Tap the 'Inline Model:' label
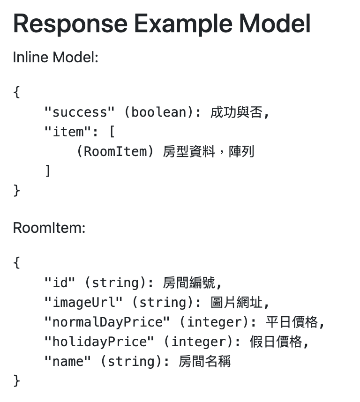[x=55, y=58]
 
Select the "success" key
[x=80, y=112]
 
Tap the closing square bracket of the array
[x=48, y=171]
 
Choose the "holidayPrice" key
[x=99, y=342]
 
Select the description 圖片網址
[x=237, y=303]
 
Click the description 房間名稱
[x=205, y=362]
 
